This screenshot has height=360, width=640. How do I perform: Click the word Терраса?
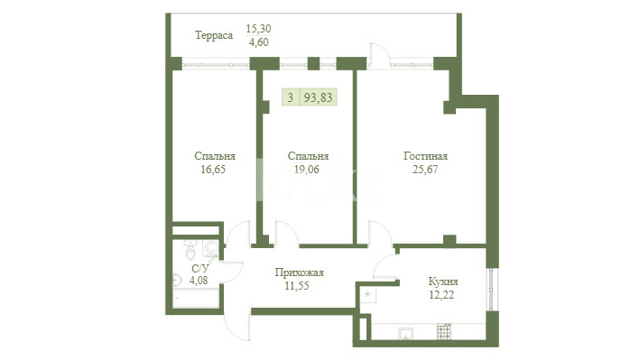[214, 35]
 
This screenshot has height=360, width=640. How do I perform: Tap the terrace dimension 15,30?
[258, 29]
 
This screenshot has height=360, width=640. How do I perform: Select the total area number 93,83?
[319, 97]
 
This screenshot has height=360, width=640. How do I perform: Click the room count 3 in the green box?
[290, 97]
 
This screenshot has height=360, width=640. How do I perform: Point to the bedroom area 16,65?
[213, 170]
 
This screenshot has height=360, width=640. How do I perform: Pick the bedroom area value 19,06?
[307, 170]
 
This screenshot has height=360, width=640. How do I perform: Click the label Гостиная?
[425, 156]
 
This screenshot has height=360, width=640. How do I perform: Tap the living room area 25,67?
[425, 170]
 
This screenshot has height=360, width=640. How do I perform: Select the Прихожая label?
[299, 272]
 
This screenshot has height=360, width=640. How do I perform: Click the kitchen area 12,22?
[441, 295]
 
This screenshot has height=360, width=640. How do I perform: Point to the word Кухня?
[443, 282]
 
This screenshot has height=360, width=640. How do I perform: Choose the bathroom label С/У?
[200, 269]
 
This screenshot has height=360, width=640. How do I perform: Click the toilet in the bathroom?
[190, 249]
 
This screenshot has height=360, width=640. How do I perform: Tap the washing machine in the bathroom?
[211, 248]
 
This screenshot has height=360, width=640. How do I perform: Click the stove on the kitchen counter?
[444, 331]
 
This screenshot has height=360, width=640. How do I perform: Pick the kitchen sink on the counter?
[405, 333]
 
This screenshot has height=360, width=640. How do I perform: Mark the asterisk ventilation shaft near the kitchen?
[367, 294]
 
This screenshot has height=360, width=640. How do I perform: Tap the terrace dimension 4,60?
[259, 42]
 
